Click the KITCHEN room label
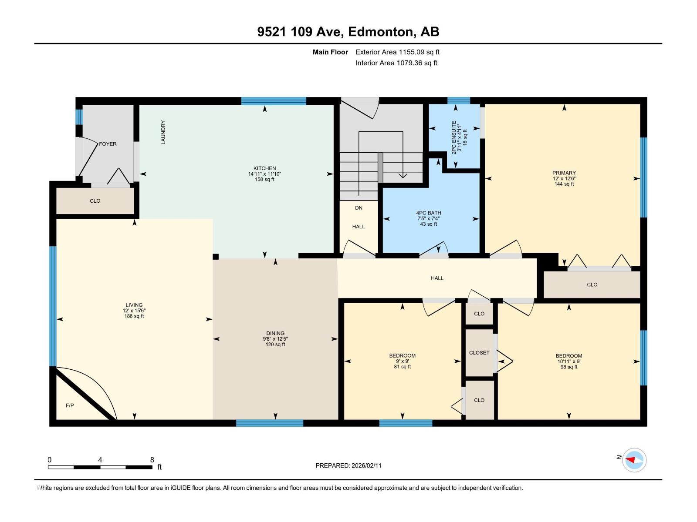tap(264, 168)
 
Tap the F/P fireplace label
tap(70, 405)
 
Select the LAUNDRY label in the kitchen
tap(163, 132)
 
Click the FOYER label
tap(108, 144)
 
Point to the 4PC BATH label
tap(428, 213)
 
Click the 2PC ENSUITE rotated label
tap(454, 137)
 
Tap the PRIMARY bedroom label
tap(564, 173)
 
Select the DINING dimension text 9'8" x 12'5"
tap(275, 339)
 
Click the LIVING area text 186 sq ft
tap(134, 316)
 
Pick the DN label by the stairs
tap(359, 208)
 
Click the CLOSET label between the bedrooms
tap(479, 353)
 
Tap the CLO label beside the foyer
tap(95, 201)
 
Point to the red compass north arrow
tap(631, 460)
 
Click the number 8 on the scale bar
tap(152, 460)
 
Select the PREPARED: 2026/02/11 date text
tap(348, 465)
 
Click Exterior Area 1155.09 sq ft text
tap(397, 52)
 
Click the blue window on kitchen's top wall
tap(274, 101)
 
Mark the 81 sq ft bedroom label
tap(402, 367)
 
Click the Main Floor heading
tap(330, 52)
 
